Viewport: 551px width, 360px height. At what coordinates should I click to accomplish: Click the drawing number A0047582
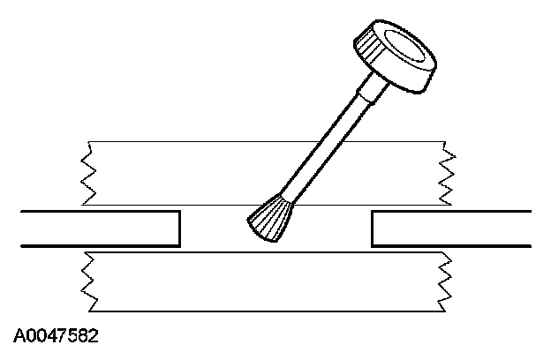(x=56, y=336)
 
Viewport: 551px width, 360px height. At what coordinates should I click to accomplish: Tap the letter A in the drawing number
(x=19, y=336)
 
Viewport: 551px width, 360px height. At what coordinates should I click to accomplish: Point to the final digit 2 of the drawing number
(x=93, y=336)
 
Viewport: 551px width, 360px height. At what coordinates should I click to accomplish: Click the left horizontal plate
(x=97, y=228)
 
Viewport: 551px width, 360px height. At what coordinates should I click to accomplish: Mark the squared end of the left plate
(x=179, y=228)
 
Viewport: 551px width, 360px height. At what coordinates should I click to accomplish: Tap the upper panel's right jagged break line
(x=448, y=173)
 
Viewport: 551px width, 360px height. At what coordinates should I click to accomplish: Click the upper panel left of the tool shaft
(x=194, y=173)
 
